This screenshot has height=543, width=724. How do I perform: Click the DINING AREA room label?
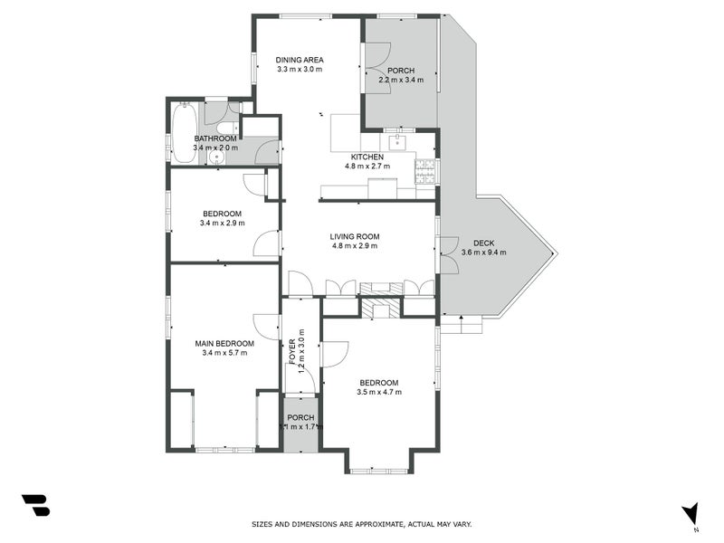click(x=300, y=60)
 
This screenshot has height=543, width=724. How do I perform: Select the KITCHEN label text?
click(x=367, y=157)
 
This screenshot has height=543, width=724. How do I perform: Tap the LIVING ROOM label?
click(x=355, y=236)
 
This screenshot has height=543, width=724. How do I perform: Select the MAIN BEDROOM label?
click(x=224, y=344)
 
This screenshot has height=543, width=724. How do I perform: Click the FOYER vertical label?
click(x=291, y=351)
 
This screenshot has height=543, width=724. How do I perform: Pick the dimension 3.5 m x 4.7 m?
click(x=379, y=392)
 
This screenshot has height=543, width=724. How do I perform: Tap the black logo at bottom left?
click(x=35, y=505)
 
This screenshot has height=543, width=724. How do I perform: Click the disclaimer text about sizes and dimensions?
click(x=361, y=524)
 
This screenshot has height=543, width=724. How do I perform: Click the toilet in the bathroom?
click(x=223, y=127)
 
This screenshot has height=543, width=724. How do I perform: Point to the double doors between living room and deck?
click(x=447, y=254)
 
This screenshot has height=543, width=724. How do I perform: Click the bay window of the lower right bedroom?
click(x=379, y=469)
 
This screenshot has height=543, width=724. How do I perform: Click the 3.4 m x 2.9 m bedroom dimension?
click(x=224, y=223)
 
